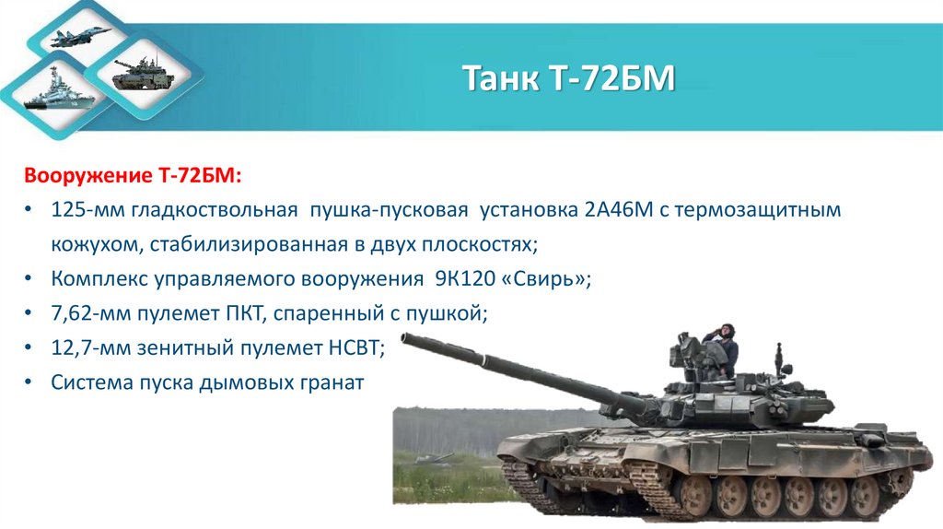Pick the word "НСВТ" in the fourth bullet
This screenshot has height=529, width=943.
point(347,347)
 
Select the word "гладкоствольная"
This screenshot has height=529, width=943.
point(214,210)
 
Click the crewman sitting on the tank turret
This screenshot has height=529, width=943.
point(720,349)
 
